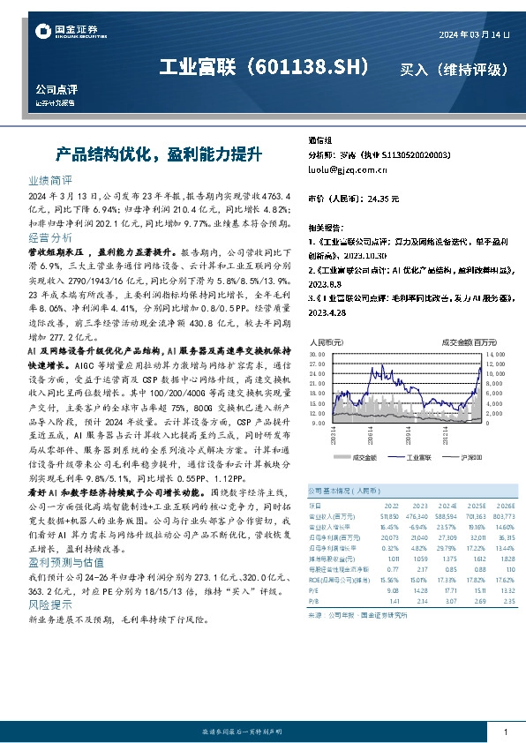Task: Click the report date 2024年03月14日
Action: [x=475, y=34]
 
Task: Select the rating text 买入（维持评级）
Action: [x=454, y=69]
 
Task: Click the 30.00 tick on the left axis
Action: [x=317, y=354]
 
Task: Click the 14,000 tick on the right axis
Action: [x=495, y=354]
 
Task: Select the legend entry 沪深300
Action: [x=467, y=458]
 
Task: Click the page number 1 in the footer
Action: [x=504, y=733]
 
